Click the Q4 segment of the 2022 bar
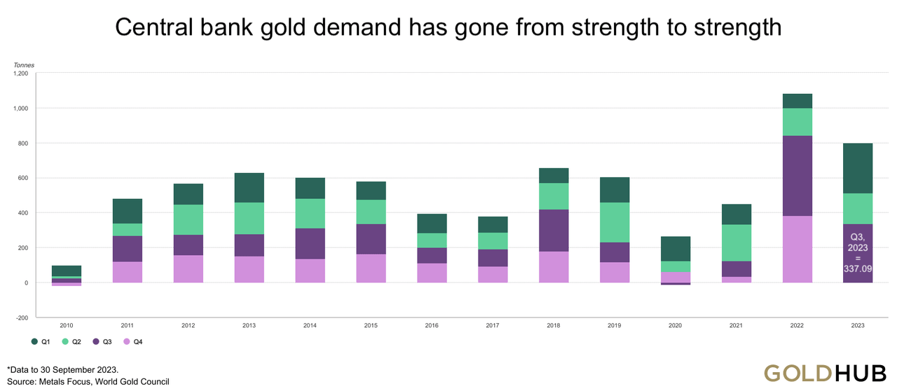(797, 249)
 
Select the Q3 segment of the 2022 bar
(797, 175)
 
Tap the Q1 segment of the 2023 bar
(857, 168)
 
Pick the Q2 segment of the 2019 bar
(615, 222)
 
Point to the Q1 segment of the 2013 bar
(249, 188)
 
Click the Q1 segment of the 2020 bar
(676, 249)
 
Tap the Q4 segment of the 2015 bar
(371, 268)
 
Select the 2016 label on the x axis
(432, 326)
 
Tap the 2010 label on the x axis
(66, 326)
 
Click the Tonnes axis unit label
(24, 65)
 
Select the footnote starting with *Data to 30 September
(63, 369)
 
